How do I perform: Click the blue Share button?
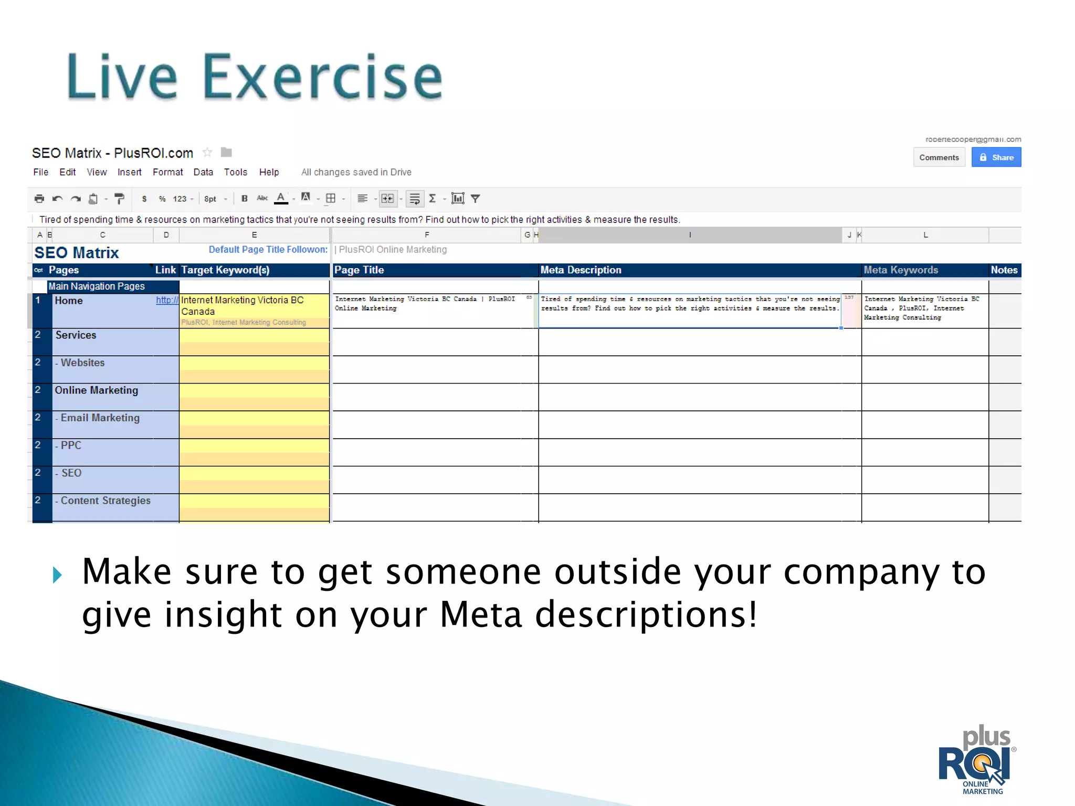[x=996, y=157]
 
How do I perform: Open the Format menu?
[x=167, y=172]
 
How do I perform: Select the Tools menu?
[x=235, y=172]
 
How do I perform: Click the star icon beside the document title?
[x=207, y=153]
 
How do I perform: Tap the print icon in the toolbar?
[x=39, y=199]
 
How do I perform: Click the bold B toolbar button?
[x=244, y=199]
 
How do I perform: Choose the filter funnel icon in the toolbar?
[x=476, y=199]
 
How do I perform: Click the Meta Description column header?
[x=581, y=270]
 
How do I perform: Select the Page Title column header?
[x=359, y=270]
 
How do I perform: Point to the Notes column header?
[x=1004, y=270]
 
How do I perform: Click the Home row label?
[x=69, y=301]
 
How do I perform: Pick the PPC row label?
[x=70, y=446]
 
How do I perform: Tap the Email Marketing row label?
[x=99, y=418]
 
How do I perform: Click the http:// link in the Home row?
[x=167, y=300]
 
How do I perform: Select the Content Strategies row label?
[x=104, y=501]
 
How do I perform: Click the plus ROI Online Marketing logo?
[x=977, y=761]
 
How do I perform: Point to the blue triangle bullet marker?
[x=58, y=575]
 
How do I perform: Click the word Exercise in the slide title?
[x=322, y=77]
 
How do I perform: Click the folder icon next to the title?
[x=226, y=153]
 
